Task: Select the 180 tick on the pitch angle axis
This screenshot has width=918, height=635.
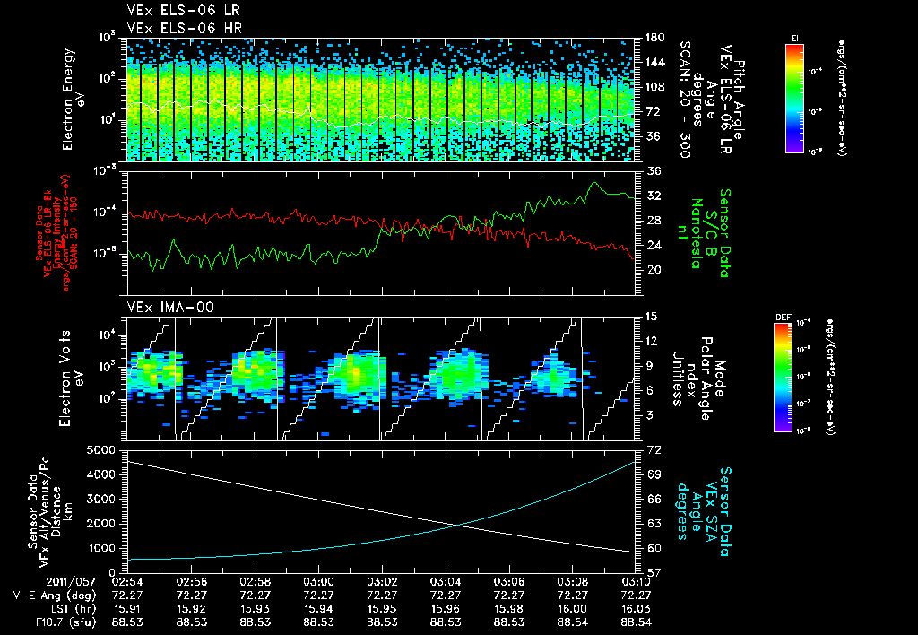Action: click(654, 38)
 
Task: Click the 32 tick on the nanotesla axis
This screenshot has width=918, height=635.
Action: click(653, 196)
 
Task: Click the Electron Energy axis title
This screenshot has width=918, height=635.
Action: click(74, 99)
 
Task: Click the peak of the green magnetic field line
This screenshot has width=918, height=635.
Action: click(593, 183)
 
